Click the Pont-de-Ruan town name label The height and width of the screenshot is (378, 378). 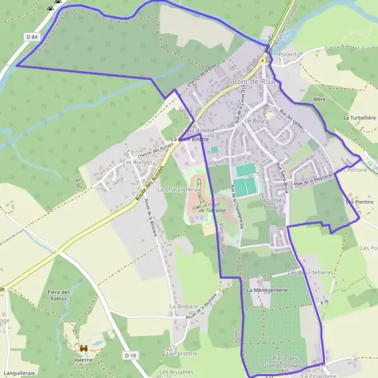255,82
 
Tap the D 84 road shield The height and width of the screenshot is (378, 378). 33,37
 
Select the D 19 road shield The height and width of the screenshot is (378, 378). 130,355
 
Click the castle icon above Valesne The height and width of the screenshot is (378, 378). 82,348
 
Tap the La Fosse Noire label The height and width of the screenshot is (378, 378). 270,203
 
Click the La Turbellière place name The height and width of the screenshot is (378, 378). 359,118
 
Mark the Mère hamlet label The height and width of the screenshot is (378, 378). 318,100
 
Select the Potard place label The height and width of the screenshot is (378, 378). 287,55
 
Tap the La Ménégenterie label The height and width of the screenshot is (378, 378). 267,290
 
